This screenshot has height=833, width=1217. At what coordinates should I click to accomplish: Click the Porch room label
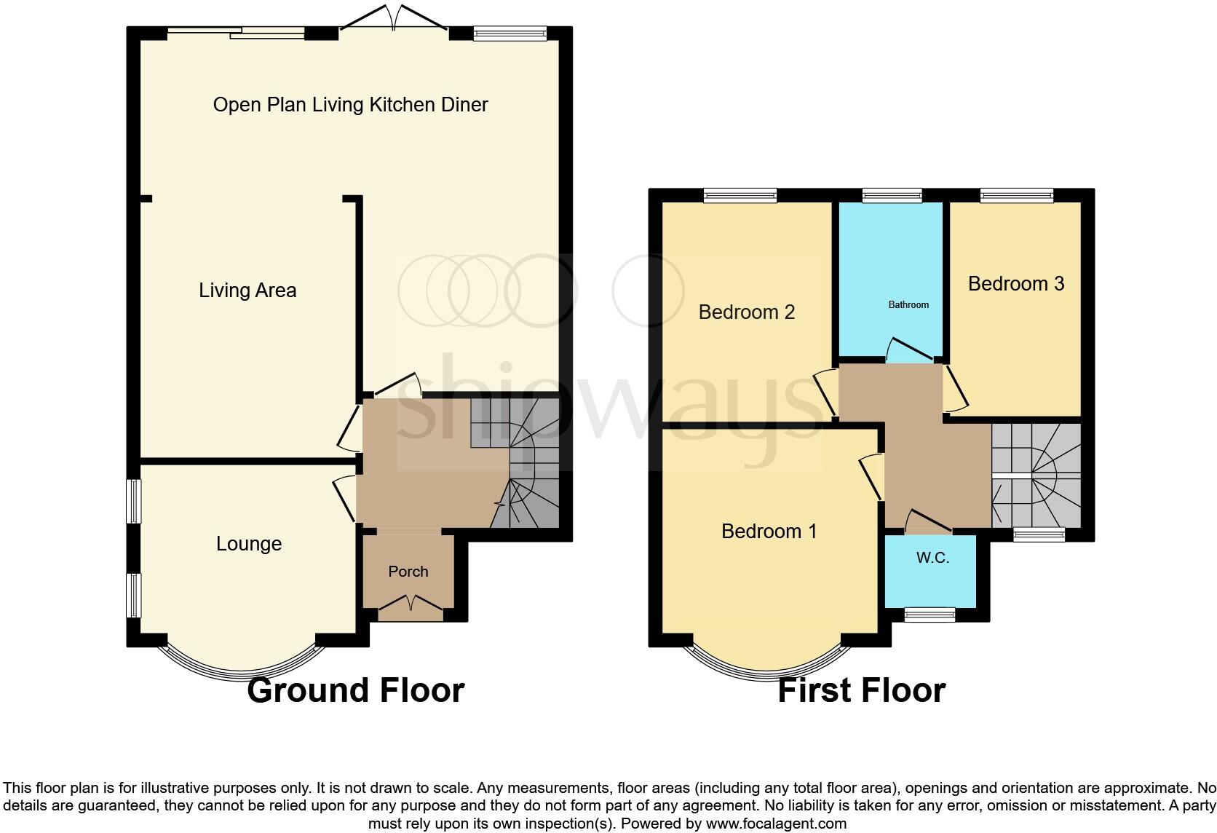(408, 572)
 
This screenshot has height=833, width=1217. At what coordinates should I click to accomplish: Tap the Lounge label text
(248, 544)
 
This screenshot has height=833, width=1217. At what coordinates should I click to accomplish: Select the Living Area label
(247, 291)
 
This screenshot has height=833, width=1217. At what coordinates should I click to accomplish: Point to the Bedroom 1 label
(769, 531)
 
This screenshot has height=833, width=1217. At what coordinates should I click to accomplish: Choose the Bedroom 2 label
(746, 312)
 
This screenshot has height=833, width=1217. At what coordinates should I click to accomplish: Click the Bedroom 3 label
(1015, 283)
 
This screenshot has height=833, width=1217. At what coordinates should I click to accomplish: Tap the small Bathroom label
(908, 304)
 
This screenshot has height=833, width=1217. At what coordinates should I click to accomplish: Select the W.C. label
(932, 558)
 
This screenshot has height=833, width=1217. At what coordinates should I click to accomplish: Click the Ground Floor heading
(355, 690)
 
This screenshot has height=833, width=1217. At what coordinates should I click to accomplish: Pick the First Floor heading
(861, 690)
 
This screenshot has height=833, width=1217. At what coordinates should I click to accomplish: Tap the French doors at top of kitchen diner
(393, 19)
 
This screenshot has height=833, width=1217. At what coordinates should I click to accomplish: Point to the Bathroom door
(910, 350)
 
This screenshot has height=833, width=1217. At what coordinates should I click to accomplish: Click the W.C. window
(929, 615)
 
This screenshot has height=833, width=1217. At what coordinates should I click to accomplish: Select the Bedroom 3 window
(1016, 194)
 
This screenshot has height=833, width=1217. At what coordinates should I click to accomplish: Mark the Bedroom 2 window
(740, 194)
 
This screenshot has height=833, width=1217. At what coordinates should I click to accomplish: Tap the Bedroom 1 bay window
(767, 666)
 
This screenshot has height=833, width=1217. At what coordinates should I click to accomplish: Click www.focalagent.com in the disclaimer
(776, 824)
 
